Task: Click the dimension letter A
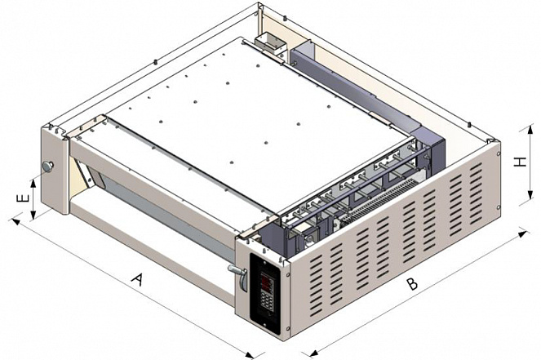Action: point(137,279)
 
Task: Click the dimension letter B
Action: point(411,284)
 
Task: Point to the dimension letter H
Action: point(520,162)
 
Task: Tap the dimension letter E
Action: point(22,199)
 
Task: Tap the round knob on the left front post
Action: point(47,167)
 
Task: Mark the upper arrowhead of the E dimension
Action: point(33,183)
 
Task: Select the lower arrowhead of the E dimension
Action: point(33,215)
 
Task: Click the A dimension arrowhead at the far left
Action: point(16,220)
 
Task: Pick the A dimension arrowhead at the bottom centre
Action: point(250,355)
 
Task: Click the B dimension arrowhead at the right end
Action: point(522,234)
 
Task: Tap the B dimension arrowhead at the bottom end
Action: point(313,353)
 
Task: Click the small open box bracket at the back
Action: point(271,42)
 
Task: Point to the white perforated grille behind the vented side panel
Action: point(379,201)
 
